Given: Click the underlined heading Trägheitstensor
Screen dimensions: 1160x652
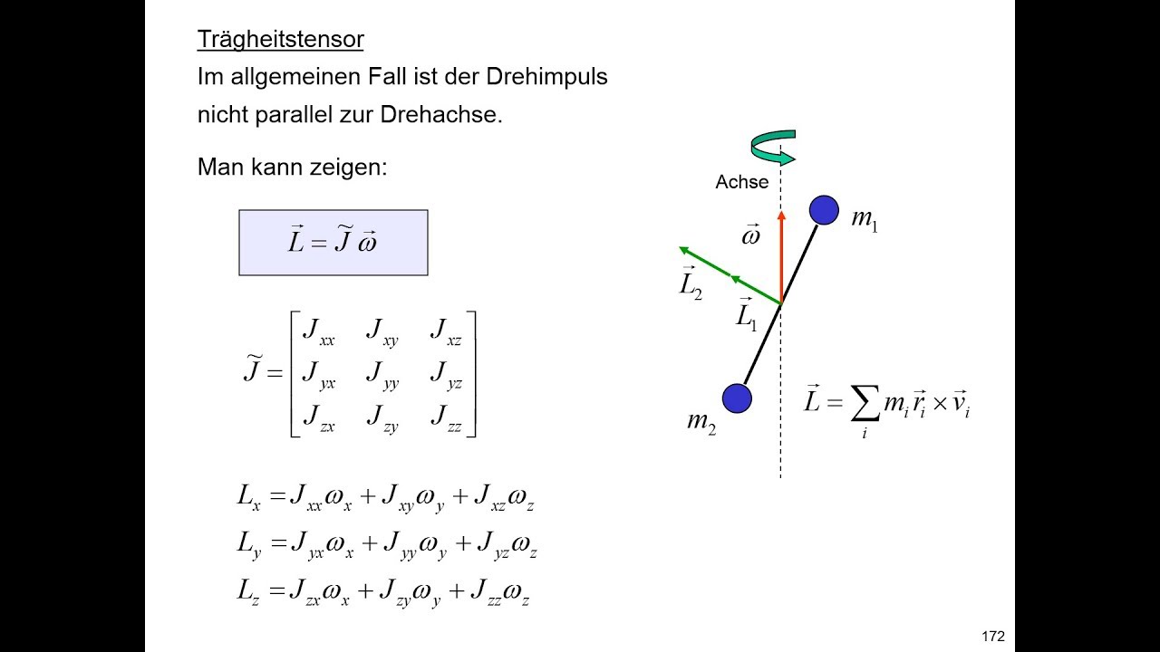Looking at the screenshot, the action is pyautogui.click(x=280, y=40).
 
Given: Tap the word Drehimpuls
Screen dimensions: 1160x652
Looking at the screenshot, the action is pyautogui.click(x=546, y=77).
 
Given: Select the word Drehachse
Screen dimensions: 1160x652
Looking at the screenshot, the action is pyautogui.click(x=441, y=114).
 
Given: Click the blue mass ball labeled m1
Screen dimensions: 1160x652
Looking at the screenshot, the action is pyautogui.click(x=824, y=210).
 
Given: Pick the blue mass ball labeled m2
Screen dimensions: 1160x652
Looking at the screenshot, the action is pyautogui.click(x=737, y=398).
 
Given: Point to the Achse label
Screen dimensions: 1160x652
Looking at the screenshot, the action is pyautogui.click(x=741, y=182).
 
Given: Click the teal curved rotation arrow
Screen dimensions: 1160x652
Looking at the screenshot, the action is pyautogui.click(x=773, y=148).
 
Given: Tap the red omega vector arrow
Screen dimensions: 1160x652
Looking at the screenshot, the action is pyautogui.click(x=781, y=256).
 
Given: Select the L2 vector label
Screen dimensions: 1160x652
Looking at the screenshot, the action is pyautogui.click(x=691, y=283).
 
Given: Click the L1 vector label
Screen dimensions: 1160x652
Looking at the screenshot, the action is pyautogui.click(x=746, y=314).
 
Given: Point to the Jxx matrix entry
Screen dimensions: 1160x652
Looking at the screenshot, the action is pyautogui.click(x=318, y=331).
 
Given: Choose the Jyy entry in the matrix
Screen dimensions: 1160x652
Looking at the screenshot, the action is pyautogui.click(x=382, y=375).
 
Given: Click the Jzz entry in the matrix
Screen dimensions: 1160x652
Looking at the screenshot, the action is pyautogui.click(x=446, y=418).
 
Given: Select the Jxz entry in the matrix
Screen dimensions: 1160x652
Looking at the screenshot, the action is pyautogui.click(x=445, y=331).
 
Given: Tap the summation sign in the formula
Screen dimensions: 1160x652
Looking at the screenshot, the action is pyautogui.click(x=865, y=403).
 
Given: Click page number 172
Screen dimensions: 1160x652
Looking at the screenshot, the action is pyautogui.click(x=992, y=637).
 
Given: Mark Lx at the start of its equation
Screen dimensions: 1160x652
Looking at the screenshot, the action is pyautogui.click(x=248, y=497).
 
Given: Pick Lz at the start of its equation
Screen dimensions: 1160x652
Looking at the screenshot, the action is pyautogui.click(x=248, y=591).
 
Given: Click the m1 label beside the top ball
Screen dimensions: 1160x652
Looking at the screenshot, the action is pyautogui.click(x=865, y=220).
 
